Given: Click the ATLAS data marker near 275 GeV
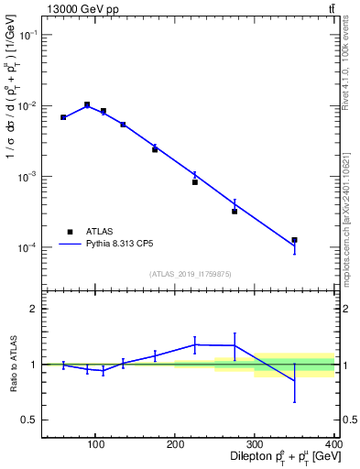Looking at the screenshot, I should tap(235, 212).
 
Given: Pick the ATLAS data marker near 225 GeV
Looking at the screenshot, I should tap(195, 182).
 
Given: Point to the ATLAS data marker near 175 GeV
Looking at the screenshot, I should tap(155, 149).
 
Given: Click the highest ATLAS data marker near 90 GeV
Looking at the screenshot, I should tap(87, 104).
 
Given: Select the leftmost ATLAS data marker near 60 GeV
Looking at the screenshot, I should tap(63, 117).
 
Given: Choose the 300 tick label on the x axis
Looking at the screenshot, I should tap(255, 445).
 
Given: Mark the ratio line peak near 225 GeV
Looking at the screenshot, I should tap(195, 344).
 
